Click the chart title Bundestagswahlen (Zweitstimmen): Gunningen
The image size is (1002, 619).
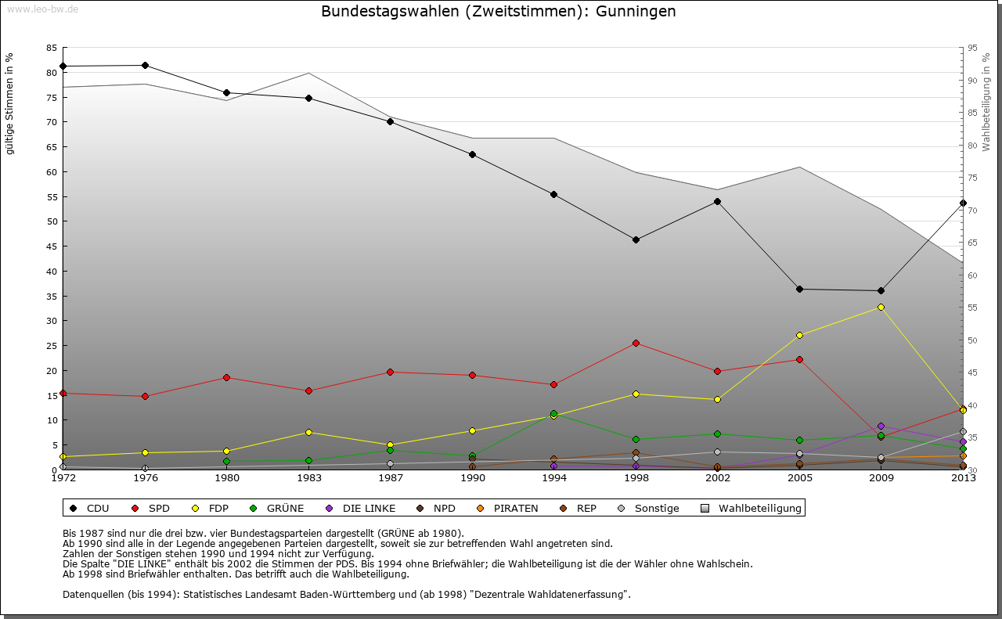pos(499,12)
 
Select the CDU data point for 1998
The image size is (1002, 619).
pos(636,239)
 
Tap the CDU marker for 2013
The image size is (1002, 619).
pos(963,203)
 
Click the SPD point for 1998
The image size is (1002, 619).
pos(636,343)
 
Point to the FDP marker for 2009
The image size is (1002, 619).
pos(881,307)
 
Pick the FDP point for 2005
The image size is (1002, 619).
pos(799,335)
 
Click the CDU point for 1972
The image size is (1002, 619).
pos(63,66)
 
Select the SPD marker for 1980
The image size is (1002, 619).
pos(226,377)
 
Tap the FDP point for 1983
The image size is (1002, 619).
pos(308,432)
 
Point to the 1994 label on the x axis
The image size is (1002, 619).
pos(554,477)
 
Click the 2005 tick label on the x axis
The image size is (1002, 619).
pos(799,477)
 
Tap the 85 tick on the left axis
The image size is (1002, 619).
pos(52,48)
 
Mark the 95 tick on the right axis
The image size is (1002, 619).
pos(972,48)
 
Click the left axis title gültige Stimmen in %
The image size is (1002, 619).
pos(10,103)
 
